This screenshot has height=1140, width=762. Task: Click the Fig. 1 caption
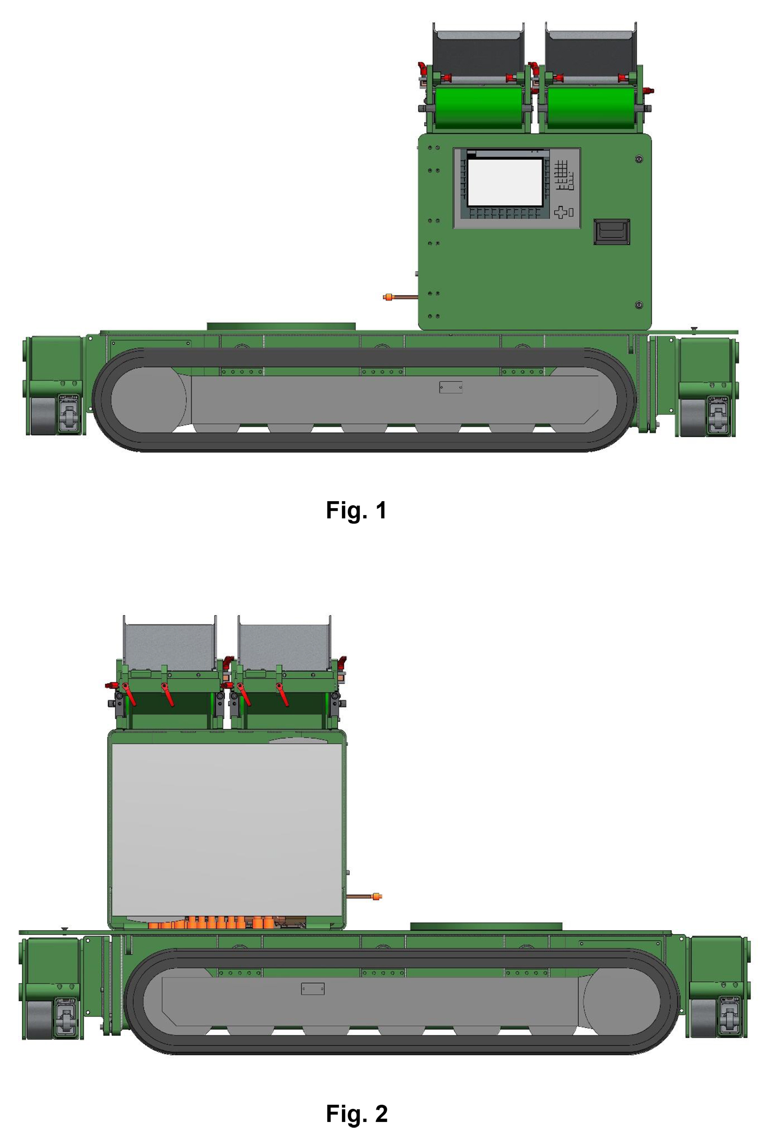pyautogui.click(x=356, y=510)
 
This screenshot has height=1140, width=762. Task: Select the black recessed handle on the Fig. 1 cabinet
pyautogui.click(x=611, y=232)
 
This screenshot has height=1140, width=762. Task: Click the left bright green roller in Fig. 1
pyautogui.click(x=479, y=108)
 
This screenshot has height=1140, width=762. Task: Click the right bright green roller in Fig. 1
pyautogui.click(x=591, y=108)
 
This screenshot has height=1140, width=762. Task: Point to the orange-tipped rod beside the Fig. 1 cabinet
pyautogui.click(x=400, y=297)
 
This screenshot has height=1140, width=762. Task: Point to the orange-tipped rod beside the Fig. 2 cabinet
pyautogui.click(x=363, y=896)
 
